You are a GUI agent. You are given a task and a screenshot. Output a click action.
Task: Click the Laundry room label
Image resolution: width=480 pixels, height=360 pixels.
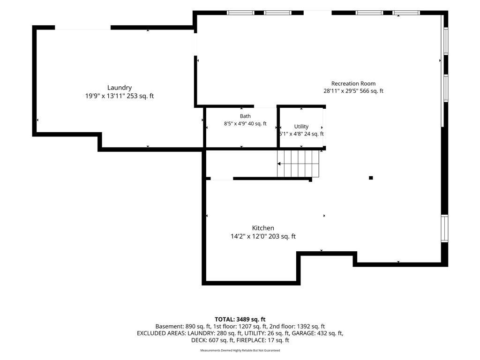coord(120,88)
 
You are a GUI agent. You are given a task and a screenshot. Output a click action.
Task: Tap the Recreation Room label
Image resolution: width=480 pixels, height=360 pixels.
coord(353,83)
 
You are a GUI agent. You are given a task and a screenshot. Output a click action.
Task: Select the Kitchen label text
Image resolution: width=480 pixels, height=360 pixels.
coord(263,228)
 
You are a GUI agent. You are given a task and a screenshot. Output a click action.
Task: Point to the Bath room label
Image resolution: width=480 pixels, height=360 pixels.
coord(245,116)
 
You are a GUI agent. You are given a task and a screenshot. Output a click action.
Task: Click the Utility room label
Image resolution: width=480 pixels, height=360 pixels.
coord(301,127)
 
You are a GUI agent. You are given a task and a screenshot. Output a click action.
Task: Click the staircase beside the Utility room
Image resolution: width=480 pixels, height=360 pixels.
coord(298,164)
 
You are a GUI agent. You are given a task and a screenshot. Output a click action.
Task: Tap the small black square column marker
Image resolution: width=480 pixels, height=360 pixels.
coord(371,178)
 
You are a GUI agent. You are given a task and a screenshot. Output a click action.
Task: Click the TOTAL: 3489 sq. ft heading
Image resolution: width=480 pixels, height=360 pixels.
coord(240,320)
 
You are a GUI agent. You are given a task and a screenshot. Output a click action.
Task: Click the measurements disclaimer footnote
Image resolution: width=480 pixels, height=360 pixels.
coord(240,350)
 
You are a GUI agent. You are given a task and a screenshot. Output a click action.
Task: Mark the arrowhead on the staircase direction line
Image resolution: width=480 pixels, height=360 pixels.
coord(279,164)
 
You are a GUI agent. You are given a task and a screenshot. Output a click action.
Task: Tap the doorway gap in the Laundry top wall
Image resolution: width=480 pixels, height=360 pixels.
coord(82,28)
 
